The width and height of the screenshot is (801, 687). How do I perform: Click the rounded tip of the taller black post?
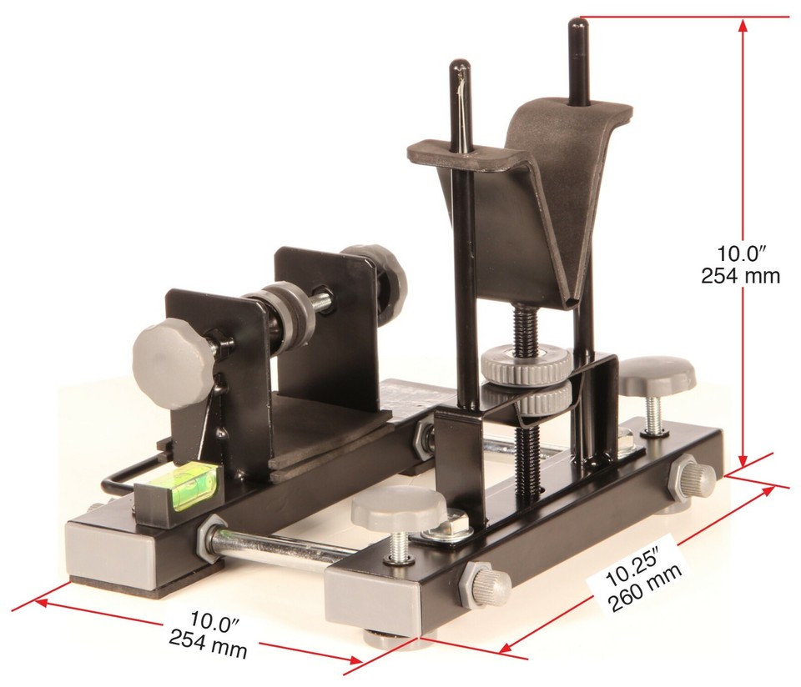(577, 26)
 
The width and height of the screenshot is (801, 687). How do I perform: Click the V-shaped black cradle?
(534, 200)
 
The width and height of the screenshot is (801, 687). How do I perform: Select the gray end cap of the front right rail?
(366, 600)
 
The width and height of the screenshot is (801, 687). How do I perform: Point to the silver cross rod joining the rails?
(275, 551)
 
